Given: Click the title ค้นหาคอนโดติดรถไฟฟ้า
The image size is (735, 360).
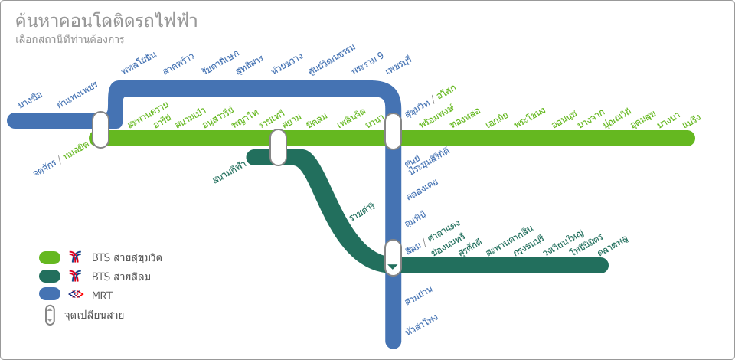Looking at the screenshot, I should pos(106,21).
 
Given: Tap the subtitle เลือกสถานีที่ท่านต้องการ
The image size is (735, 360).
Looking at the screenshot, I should pos(70,39).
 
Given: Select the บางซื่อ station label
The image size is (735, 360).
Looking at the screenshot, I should pos(30,100).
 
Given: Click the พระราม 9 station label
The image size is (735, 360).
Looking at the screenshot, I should pos(367,64).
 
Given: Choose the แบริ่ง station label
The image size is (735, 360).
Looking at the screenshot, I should pos(691,121).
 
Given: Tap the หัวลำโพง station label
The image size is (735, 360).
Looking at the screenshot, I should pos(422,325).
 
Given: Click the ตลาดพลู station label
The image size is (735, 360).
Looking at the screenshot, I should pos(613,245).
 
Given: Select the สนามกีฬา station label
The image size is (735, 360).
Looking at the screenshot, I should pos(230,172).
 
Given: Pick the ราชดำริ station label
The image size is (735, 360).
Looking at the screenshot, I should pos(362,212).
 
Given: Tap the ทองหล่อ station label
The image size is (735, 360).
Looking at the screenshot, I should pos(465,118).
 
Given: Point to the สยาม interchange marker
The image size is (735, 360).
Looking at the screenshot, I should pos(278,147).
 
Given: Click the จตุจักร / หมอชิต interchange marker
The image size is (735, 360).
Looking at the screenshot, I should pos(100,129).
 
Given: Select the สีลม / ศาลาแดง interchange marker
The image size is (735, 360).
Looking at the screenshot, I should pos(393,257).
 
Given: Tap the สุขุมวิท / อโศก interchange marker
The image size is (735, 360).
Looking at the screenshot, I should pos(393,131).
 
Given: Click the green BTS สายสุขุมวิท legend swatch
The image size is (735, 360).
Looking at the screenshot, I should pos(50,257).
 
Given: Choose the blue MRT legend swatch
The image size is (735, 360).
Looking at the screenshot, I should pos(50,294).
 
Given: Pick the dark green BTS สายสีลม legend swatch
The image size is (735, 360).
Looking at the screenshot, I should pos(50,276).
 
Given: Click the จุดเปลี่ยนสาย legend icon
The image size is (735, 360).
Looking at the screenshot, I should pos(50,315).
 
